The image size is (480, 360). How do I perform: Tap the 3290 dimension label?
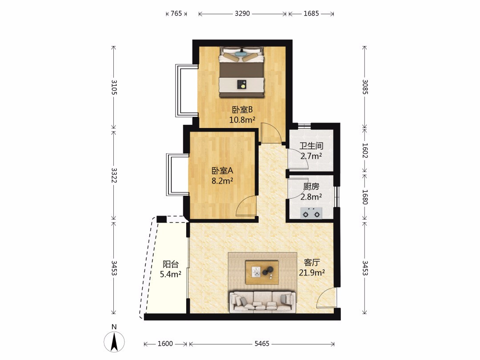click(243, 13)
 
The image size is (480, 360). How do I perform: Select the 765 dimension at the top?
click(176, 13)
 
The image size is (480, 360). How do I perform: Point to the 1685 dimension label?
click(311, 13)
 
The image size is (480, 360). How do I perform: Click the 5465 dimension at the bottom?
click(262, 344)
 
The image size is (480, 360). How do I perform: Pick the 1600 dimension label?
click(165, 344)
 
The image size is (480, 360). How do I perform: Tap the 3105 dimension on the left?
click(114, 87)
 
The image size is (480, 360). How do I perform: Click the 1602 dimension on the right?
click(365, 150)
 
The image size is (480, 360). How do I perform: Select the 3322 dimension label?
click(114, 175)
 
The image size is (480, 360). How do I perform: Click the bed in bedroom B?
click(241, 72)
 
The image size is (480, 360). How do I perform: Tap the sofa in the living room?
click(263, 302)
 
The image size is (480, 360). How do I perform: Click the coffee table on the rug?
click(262, 272)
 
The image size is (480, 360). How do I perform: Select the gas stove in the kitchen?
click(311, 213)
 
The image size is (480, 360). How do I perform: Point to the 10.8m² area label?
click(243, 120)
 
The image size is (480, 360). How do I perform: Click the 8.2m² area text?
click(223, 181)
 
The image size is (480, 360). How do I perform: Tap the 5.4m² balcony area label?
click(171, 274)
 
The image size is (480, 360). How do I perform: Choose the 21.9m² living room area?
click(312, 272)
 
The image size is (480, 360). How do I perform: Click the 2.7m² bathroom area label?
click(311, 156)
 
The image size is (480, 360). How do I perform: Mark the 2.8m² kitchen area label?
click(311, 197)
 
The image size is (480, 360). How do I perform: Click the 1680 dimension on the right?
click(365, 197)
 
